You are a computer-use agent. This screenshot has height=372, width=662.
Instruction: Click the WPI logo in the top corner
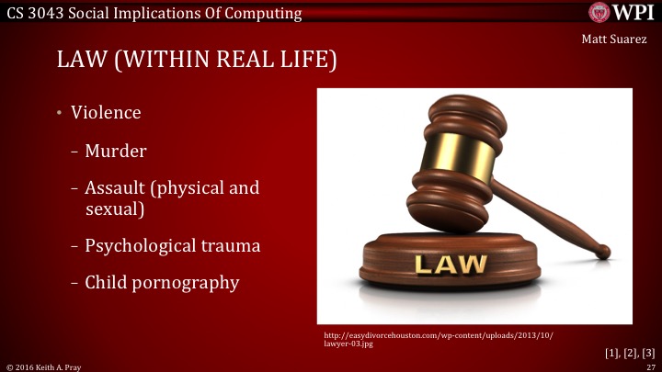click(622, 12)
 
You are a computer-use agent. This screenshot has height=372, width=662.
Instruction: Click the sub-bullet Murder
click(116, 151)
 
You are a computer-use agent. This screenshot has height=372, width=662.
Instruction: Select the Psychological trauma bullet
click(172, 245)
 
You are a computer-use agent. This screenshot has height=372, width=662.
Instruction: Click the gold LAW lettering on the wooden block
click(451, 265)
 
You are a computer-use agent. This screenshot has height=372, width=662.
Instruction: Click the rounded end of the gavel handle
click(601, 251)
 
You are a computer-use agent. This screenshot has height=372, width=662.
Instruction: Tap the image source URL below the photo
click(439, 342)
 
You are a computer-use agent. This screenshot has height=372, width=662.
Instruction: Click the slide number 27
click(649, 366)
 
